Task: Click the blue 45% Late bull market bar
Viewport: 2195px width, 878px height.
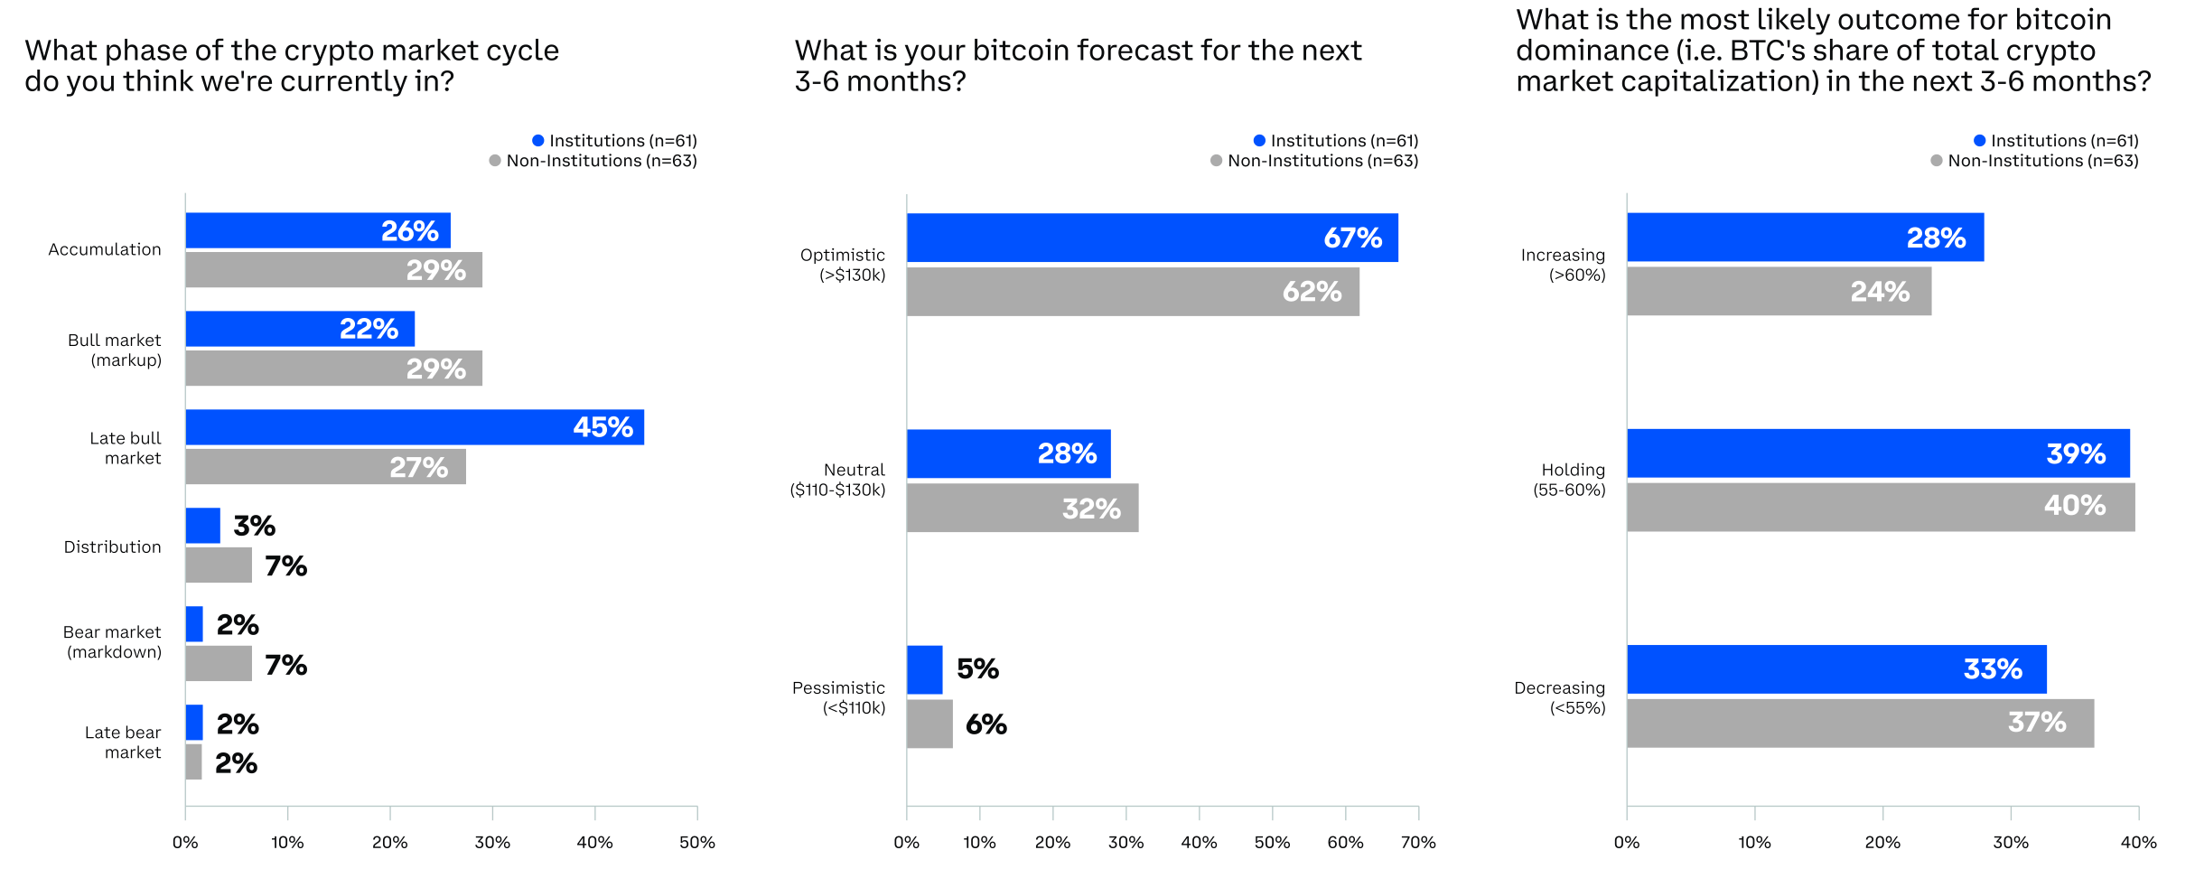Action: click(415, 427)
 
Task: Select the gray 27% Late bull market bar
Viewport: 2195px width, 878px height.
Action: click(325, 467)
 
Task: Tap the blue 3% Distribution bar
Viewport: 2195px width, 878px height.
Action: click(202, 526)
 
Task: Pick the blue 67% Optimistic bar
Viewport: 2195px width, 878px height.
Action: click(1152, 238)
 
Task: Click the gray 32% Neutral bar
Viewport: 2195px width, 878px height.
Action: click(1022, 508)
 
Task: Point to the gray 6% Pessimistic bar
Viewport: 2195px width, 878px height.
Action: click(929, 724)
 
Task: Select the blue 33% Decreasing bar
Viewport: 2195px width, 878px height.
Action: click(1835, 669)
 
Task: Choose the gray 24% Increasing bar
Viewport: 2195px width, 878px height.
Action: click(1779, 291)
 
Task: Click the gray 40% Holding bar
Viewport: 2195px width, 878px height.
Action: click(1880, 507)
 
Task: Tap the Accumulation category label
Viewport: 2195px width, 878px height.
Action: click(105, 249)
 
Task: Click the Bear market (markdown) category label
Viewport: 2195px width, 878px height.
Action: click(113, 642)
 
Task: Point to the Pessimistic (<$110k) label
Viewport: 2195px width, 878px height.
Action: click(839, 697)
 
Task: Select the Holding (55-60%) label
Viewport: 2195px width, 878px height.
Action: click(1570, 480)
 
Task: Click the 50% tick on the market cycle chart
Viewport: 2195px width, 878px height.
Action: click(696, 843)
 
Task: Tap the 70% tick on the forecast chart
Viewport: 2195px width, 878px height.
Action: click(1417, 843)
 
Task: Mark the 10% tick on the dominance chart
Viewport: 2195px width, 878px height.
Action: click(1754, 843)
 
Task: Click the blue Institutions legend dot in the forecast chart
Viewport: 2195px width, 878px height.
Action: click(1259, 140)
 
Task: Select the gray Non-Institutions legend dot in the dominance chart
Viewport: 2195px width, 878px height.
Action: click(1936, 161)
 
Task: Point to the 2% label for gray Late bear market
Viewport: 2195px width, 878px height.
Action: click(237, 764)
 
